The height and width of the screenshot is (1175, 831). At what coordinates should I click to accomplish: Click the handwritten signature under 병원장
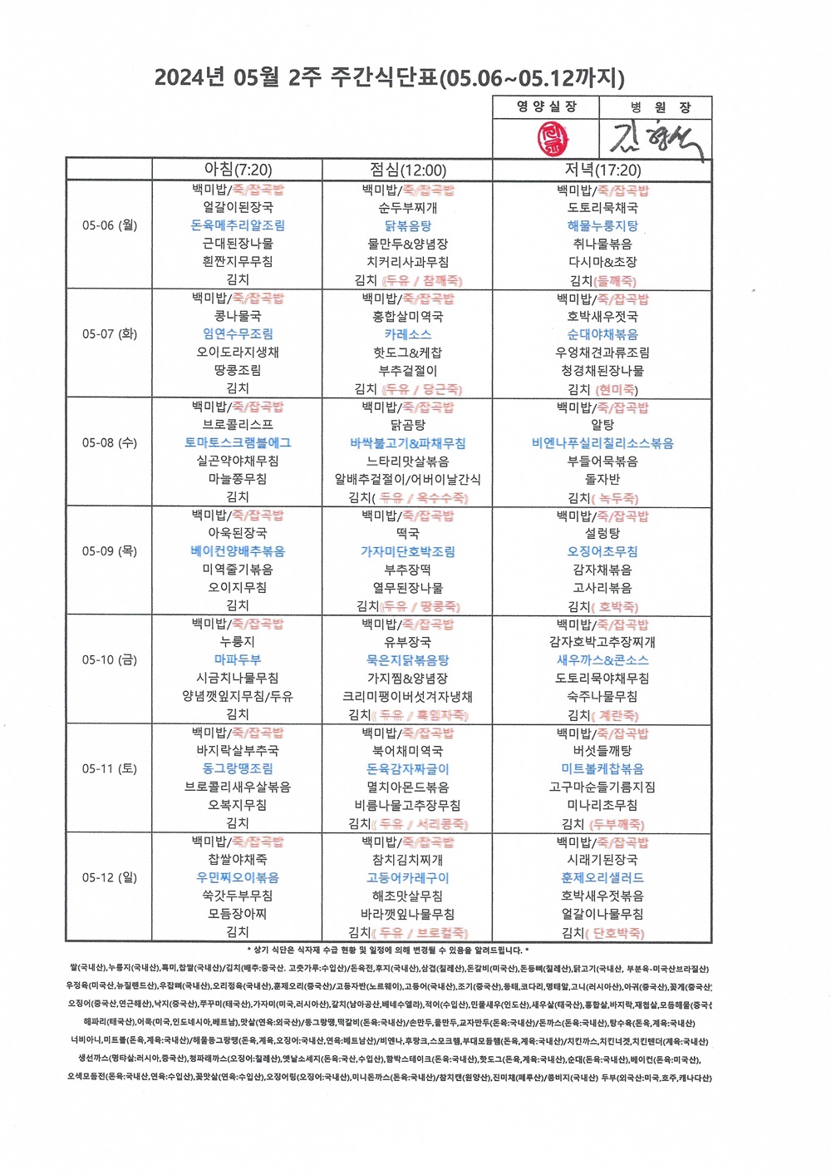(656, 138)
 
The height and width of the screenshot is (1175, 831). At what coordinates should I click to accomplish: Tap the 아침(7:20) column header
(238, 170)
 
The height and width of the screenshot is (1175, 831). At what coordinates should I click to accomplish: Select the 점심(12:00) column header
(407, 170)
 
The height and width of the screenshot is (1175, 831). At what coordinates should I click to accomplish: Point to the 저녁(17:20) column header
(602, 170)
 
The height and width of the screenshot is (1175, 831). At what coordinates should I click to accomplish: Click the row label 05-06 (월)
(109, 225)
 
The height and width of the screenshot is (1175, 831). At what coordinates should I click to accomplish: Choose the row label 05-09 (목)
(109, 551)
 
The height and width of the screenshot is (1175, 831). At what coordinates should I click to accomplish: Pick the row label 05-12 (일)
(109, 877)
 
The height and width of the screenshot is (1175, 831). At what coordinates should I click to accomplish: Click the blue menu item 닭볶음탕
(407, 225)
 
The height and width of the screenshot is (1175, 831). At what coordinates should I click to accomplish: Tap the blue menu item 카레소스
(407, 334)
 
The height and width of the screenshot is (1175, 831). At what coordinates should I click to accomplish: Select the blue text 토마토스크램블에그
(238, 442)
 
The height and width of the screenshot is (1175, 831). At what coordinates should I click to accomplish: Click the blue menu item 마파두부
(238, 659)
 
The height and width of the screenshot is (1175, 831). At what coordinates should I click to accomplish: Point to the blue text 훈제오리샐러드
(602, 877)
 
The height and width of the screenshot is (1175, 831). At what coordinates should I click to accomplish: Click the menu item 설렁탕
(602, 533)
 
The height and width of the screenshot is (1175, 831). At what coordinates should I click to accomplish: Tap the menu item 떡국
(407, 533)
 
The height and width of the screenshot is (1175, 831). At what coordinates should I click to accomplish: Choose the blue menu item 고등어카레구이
(407, 877)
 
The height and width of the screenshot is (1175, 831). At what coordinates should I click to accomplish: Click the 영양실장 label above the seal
(546, 106)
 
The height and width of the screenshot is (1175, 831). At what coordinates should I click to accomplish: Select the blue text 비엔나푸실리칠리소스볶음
(602, 443)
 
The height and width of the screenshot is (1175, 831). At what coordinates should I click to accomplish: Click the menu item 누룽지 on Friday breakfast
(238, 641)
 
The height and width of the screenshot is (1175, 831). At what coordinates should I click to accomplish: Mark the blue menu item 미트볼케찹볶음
(602, 769)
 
